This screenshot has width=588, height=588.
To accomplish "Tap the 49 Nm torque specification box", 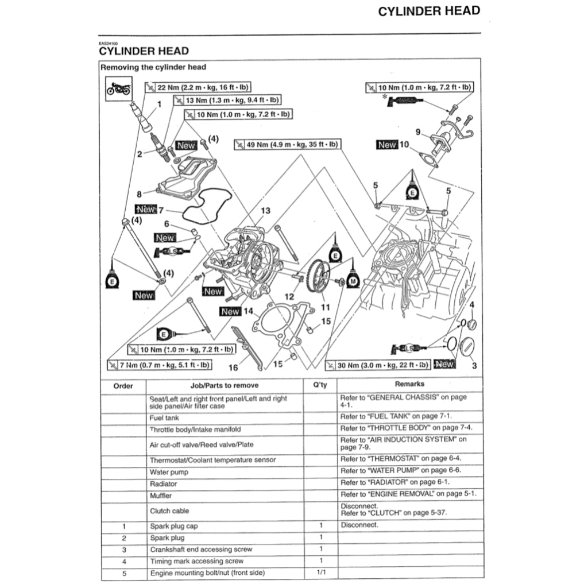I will pos(287,144).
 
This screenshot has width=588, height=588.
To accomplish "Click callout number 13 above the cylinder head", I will pos(265,211).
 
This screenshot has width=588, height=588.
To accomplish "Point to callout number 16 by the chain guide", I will pos(233,367).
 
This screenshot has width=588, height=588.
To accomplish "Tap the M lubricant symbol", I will pos(353,280).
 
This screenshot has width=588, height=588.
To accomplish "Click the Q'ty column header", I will pos(320,385).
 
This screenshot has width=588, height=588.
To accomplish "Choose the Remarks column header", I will pos(409,384).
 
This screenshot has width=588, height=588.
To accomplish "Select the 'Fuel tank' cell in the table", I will pos(164,418).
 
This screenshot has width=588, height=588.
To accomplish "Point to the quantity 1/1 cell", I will pos(320,572).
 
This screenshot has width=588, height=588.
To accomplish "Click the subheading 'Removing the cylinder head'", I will pos(153,67).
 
